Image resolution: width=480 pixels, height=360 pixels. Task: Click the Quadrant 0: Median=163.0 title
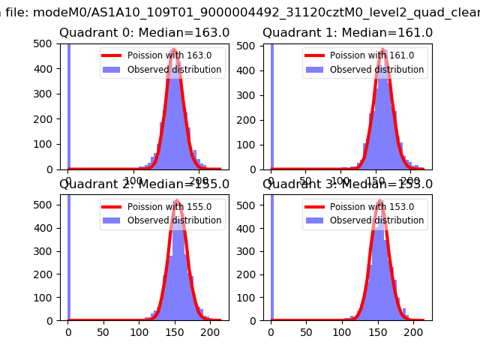144,32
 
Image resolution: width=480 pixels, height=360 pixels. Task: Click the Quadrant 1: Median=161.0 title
347,32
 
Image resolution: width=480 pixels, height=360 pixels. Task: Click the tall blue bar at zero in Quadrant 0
69,105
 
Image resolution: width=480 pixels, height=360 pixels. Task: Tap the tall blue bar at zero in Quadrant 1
271,105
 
